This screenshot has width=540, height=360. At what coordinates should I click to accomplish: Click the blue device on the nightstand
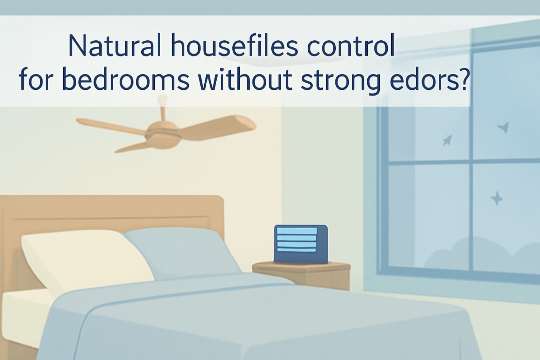301,244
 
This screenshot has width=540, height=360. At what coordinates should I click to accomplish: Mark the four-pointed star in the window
496,199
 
